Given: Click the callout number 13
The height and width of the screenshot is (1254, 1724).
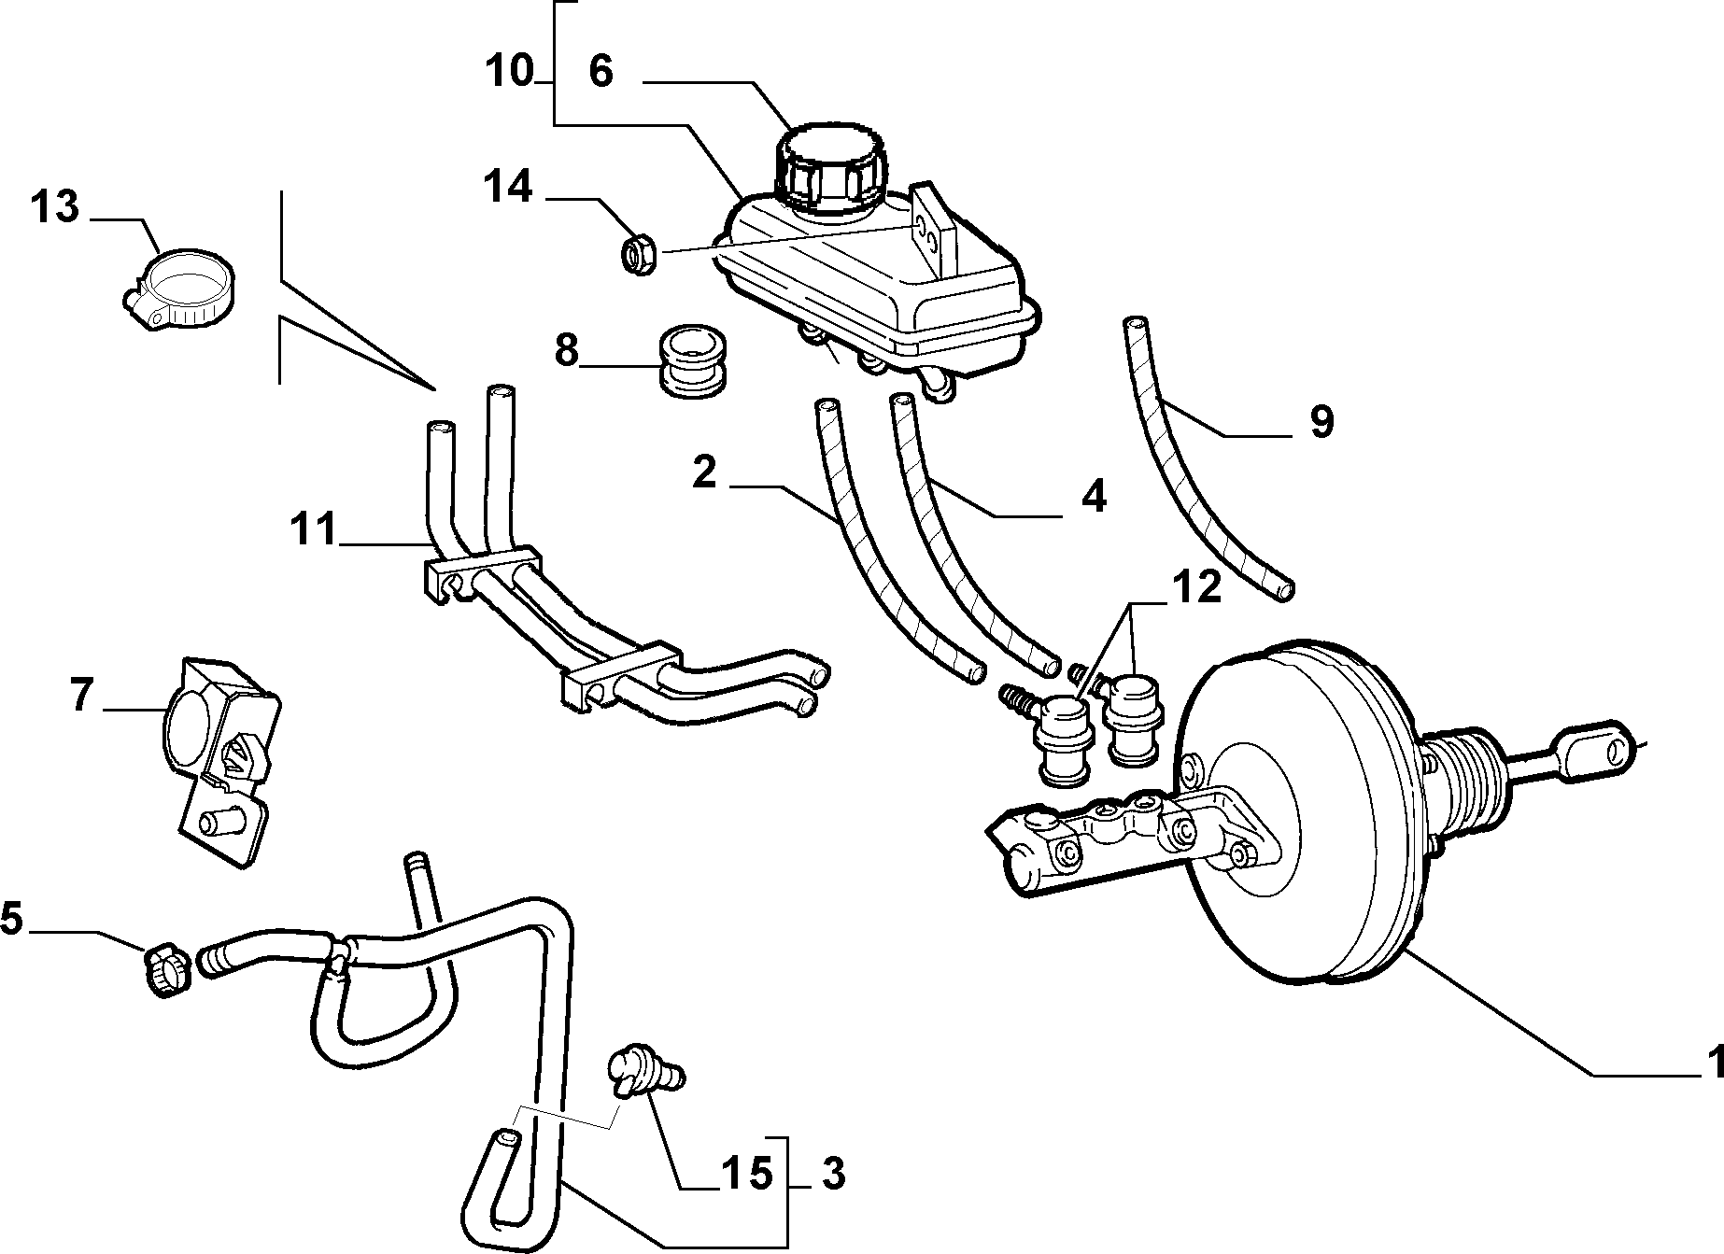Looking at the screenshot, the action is click(55, 207).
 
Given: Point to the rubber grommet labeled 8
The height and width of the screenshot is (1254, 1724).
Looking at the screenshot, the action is click(694, 362).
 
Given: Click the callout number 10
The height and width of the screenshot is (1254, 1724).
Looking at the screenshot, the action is click(510, 71).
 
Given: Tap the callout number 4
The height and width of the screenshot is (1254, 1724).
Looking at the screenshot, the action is click(1094, 497).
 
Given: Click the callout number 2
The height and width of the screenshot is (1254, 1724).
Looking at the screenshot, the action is click(704, 472).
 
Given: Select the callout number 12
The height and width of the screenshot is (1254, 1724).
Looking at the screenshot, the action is click(1196, 589).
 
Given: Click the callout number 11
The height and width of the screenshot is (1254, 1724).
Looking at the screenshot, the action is click(312, 530).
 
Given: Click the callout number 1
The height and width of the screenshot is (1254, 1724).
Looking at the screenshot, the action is click(1714, 1063).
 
